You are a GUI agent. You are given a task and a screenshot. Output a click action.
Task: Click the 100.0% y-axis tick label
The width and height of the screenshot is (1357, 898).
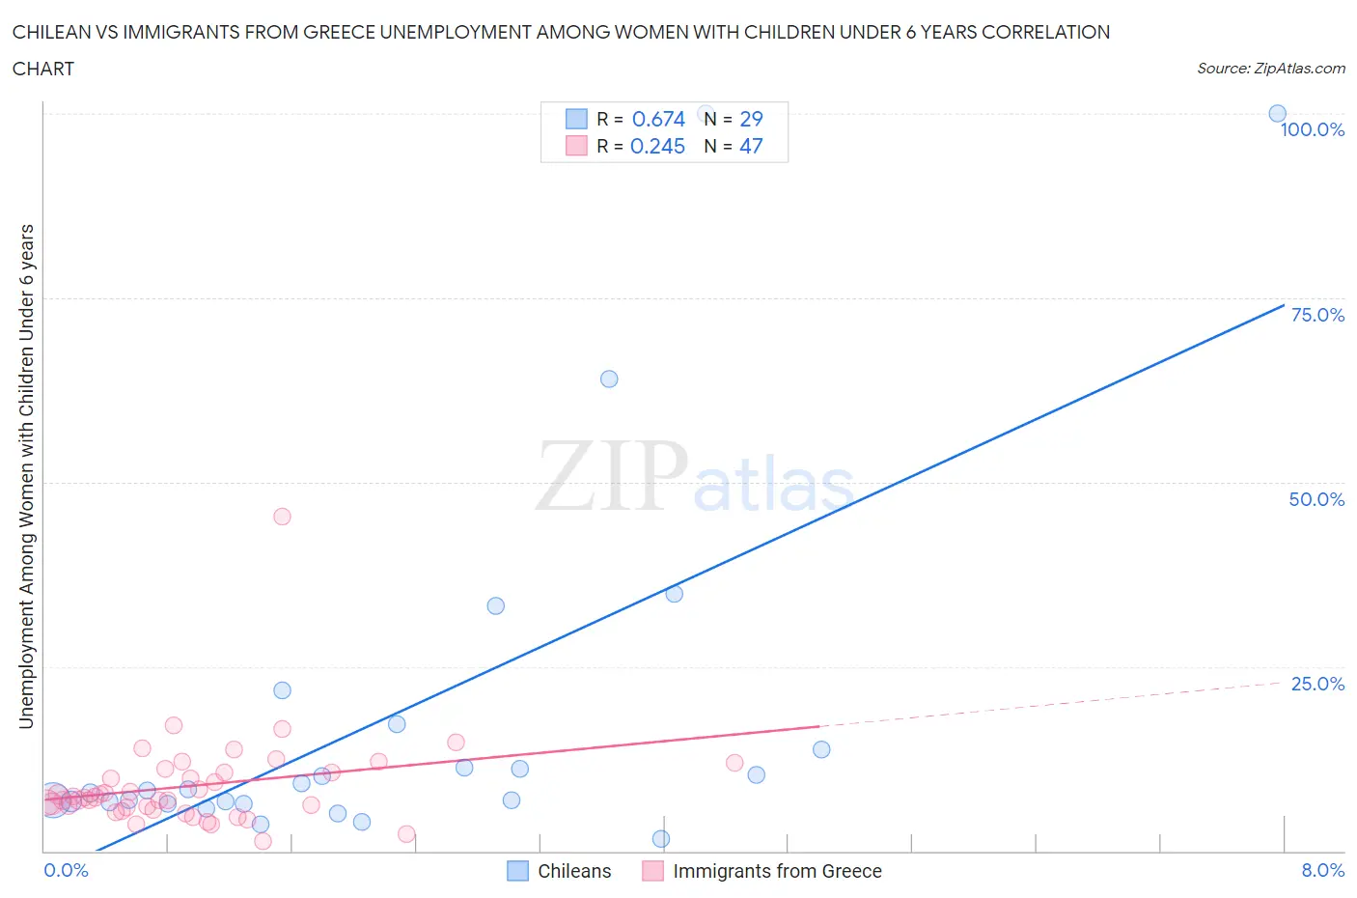pyautogui.click(x=1312, y=129)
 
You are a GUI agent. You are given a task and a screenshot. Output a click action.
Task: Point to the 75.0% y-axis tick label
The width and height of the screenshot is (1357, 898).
pyautogui.click(x=1316, y=315)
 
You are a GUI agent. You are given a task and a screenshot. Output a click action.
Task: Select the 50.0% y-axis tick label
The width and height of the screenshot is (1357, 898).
pyautogui.click(x=1316, y=499)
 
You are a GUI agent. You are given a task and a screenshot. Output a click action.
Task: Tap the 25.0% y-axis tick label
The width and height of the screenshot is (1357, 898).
pyautogui.click(x=1316, y=684)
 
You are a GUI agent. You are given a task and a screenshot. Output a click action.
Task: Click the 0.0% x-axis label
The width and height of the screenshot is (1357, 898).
pyautogui.click(x=66, y=870)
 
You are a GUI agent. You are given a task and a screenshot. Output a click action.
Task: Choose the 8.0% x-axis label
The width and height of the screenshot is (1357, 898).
pyautogui.click(x=1322, y=870)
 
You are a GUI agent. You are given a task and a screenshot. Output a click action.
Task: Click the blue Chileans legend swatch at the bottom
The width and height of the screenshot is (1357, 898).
pyautogui.click(x=518, y=871)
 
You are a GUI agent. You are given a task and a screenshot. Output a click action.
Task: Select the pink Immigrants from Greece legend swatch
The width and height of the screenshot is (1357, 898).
pyautogui.click(x=653, y=871)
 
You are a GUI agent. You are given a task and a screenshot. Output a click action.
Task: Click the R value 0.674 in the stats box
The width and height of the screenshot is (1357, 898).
pyautogui.click(x=658, y=119)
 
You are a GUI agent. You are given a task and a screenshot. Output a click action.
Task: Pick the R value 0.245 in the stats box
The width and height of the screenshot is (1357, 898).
pyautogui.click(x=657, y=146)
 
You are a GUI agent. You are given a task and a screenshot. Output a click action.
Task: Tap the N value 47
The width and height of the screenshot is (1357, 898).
pyautogui.click(x=751, y=146)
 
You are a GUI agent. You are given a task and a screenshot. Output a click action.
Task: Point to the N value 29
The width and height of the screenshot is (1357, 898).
pyautogui.click(x=751, y=119)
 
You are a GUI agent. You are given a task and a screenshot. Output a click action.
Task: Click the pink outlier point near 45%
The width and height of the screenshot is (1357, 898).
pyautogui.click(x=282, y=517)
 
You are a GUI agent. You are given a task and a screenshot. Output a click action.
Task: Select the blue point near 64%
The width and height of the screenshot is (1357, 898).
pyautogui.click(x=609, y=379)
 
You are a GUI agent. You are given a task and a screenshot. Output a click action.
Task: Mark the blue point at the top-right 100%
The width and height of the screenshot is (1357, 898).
pyautogui.click(x=1277, y=113)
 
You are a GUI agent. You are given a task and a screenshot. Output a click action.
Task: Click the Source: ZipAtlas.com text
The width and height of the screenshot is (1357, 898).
pyautogui.click(x=1270, y=69)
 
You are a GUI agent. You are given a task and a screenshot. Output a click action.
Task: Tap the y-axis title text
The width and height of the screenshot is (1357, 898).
pyautogui.click(x=26, y=476)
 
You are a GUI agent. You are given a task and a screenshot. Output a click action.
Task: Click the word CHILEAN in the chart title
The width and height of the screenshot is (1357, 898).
pyautogui.click(x=50, y=32)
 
